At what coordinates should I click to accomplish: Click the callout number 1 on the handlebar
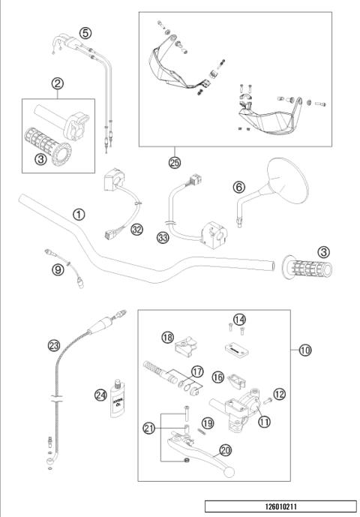[x=79, y=215]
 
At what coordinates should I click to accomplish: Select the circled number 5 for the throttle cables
[x=85, y=33]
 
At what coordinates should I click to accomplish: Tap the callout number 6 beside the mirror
[x=239, y=187]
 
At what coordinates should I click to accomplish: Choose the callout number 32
[x=136, y=230]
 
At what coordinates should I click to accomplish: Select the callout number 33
[x=163, y=238]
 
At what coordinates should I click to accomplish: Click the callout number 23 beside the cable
[x=52, y=346]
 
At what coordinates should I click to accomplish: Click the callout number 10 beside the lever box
[x=304, y=350]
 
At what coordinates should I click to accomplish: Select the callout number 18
[x=166, y=338]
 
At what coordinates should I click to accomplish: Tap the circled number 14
[x=238, y=320]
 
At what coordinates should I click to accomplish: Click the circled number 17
[x=197, y=371]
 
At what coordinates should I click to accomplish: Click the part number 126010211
[x=280, y=506]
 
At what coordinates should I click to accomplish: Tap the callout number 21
[x=149, y=428]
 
